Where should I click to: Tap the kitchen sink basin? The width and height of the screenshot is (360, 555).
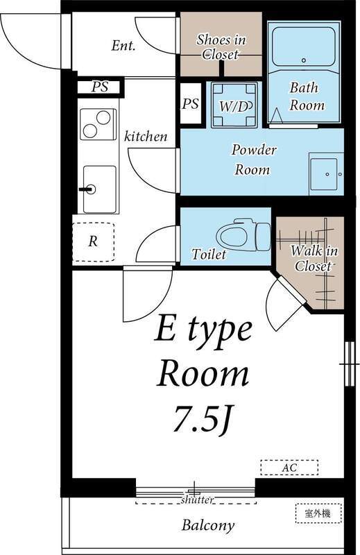click(x=99, y=189)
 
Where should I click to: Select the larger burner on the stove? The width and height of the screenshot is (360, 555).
click(x=103, y=117)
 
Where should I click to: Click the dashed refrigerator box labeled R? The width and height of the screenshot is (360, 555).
click(x=93, y=242)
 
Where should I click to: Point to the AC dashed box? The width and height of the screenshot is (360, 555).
click(x=289, y=467)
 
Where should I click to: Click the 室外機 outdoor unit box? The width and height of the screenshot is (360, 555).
click(x=318, y=513)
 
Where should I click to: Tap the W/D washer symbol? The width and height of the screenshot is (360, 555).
click(x=234, y=105)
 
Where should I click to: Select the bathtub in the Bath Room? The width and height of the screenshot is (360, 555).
click(x=304, y=46)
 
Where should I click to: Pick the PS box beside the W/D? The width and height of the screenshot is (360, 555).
click(x=191, y=103)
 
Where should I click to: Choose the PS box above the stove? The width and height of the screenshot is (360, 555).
click(x=100, y=87)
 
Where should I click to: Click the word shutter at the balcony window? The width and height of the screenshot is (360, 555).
click(x=197, y=499)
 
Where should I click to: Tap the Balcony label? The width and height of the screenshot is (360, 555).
click(x=208, y=525)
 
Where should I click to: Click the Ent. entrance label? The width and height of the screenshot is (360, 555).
click(x=123, y=46)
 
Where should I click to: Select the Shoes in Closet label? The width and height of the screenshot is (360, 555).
click(x=221, y=46)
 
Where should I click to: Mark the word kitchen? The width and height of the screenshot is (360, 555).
click(x=146, y=136)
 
